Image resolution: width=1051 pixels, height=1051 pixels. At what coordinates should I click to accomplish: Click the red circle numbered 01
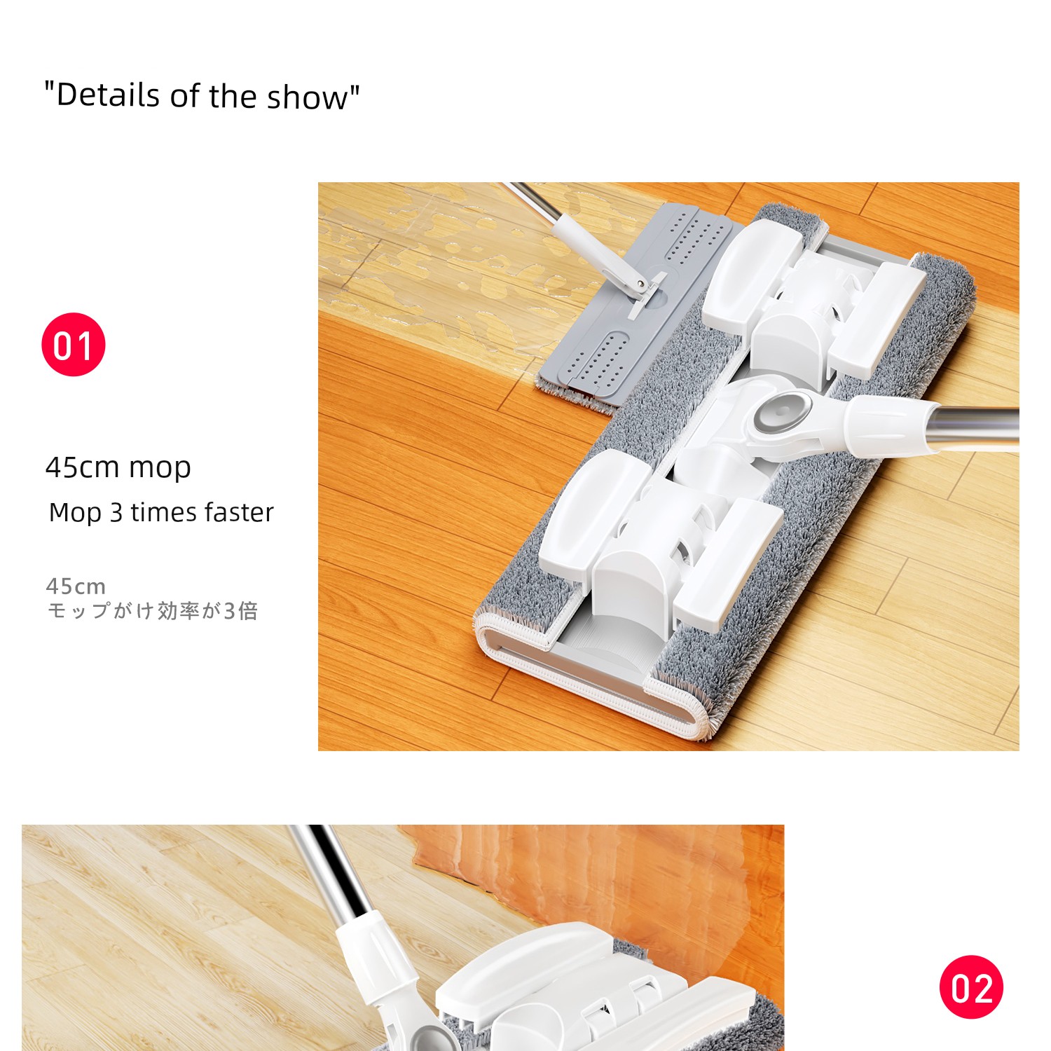[74, 344]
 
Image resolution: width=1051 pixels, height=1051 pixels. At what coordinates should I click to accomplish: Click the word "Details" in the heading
[109, 95]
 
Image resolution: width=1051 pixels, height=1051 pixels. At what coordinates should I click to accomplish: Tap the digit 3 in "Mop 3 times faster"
[116, 513]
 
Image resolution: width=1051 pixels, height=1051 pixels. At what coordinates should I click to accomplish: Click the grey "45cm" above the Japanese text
[76, 586]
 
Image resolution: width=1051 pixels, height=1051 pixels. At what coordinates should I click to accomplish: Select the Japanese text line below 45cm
[152, 611]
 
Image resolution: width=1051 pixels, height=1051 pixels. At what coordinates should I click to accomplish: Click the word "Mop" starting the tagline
[76, 514]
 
